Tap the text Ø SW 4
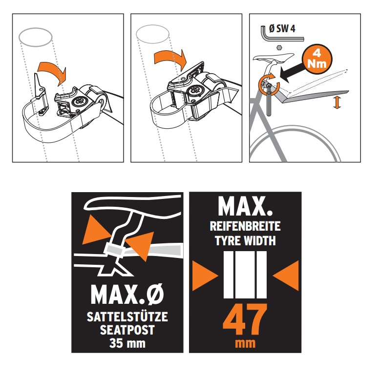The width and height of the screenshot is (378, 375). (282, 29)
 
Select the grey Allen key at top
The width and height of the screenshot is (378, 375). (282, 35)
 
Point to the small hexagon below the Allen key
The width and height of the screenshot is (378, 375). (279, 47)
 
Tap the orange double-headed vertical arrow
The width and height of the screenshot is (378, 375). (337, 102)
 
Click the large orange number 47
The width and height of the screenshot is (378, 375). (245, 319)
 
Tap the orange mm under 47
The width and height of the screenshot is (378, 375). (245, 343)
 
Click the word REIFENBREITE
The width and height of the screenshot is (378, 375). (245, 226)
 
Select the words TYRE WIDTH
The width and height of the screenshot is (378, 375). (245, 241)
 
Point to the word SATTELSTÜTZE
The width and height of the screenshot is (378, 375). (127, 316)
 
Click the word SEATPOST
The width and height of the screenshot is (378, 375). (127, 330)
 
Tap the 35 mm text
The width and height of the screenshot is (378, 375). (127, 343)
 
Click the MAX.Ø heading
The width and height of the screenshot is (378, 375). (127, 295)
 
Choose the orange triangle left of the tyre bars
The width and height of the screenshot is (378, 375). (205, 276)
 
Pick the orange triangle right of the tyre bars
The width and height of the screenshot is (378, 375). (286, 276)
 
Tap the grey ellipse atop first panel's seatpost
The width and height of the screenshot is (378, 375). (36, 37)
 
